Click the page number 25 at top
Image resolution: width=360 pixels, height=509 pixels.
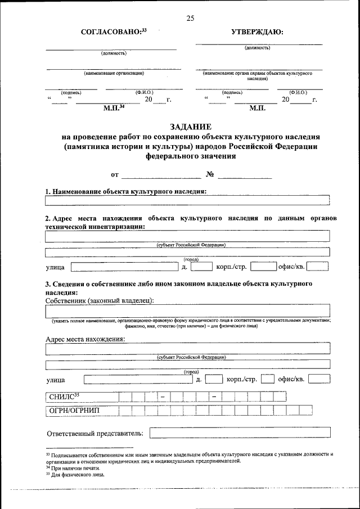[190, 19]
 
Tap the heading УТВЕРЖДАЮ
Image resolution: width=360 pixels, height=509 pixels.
[257, 33]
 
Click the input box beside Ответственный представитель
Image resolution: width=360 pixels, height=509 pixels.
[240, 433]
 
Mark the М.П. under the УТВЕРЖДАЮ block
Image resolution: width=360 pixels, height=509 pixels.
[256, 108]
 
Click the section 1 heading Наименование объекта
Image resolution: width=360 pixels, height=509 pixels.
[126, 191]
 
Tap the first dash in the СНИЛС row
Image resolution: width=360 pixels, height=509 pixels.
[163, 397]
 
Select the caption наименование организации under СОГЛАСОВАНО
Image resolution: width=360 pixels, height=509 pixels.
[114, 73]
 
